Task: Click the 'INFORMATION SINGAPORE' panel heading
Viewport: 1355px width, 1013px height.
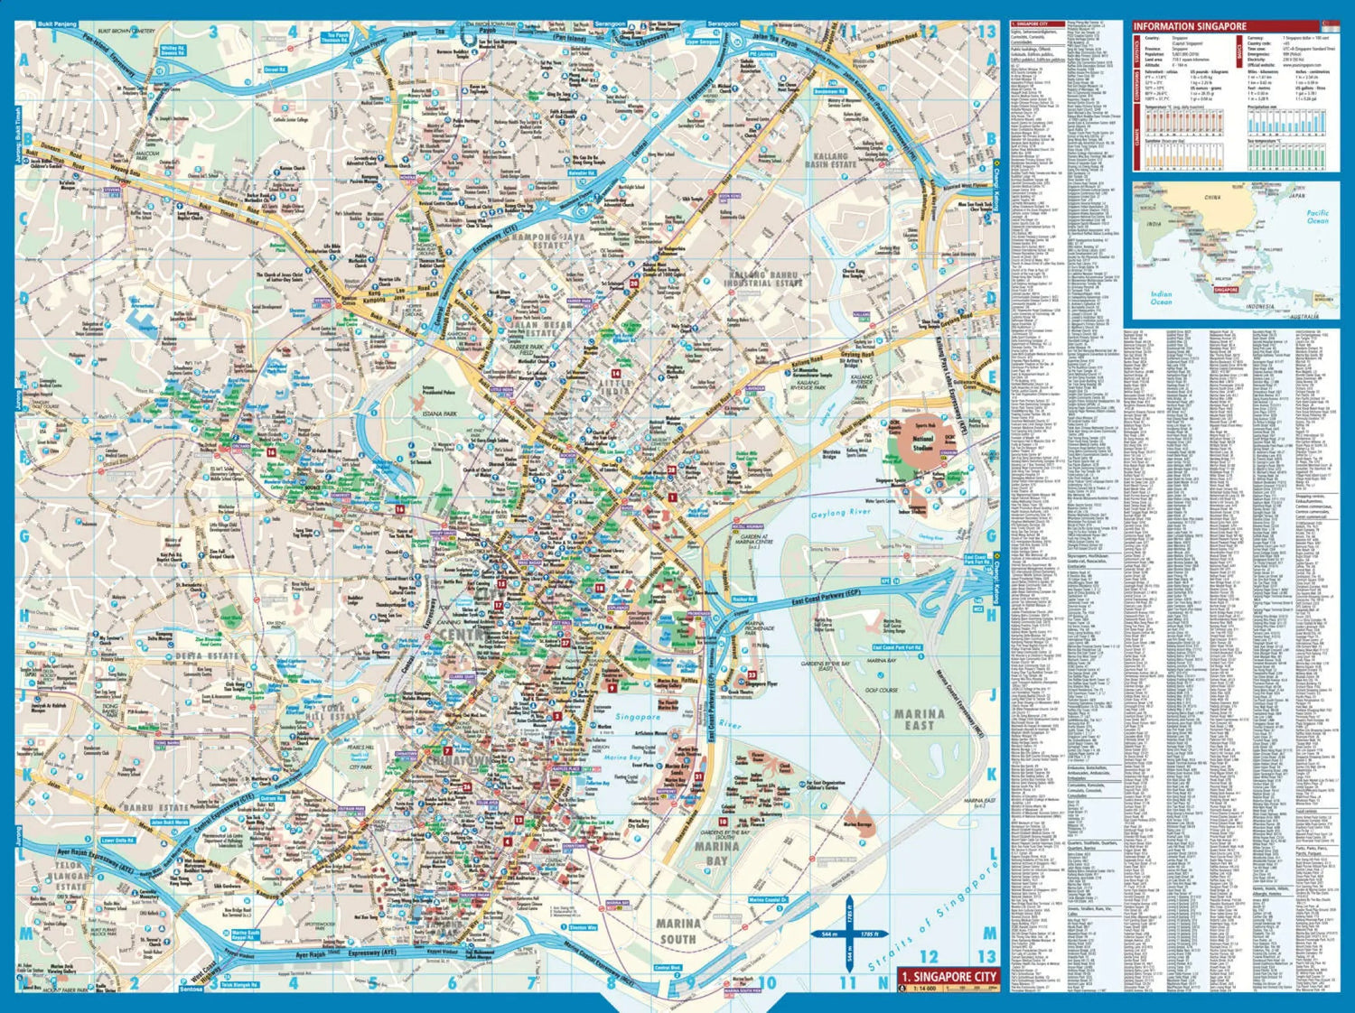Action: click(1190, 27)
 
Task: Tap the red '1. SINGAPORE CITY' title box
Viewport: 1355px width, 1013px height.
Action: click(948, 976)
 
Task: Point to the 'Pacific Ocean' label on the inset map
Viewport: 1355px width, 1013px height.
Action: click(1317, 217)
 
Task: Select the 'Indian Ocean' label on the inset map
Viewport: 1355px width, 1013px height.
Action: click(1162, 298)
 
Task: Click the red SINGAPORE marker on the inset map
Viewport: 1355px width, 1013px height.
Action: click(1226, 290)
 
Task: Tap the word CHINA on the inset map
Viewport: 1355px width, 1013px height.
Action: click(1212, 197)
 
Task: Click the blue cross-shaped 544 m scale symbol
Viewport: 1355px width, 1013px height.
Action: click(848, 934)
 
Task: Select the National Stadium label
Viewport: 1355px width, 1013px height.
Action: click(921, 442)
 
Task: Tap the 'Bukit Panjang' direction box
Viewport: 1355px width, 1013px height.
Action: click(58, 24)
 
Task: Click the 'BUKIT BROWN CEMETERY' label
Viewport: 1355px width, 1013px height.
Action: click(126, 32)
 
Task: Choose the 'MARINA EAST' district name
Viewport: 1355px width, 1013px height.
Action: click(920, 719)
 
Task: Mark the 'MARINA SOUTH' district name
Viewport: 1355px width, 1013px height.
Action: click(677, 931)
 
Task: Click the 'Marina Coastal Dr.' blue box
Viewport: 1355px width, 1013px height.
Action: click(769, 899)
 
